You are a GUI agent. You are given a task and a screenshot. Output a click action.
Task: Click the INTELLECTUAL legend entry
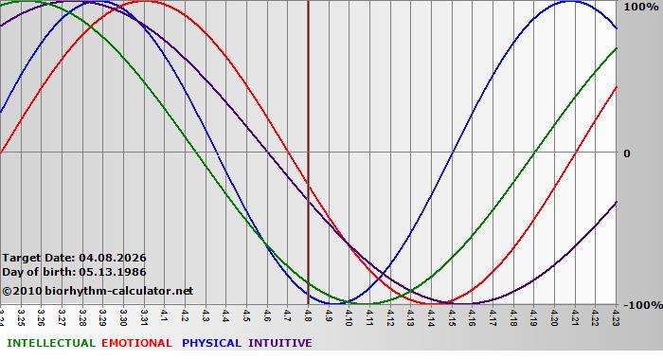(x=50, y=343)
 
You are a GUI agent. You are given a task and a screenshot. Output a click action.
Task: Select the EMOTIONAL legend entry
(x=136, y=343)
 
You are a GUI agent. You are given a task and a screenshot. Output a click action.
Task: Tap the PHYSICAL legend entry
(x=212, y=343)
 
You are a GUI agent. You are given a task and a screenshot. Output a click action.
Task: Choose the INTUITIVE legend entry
(x=280, y=343)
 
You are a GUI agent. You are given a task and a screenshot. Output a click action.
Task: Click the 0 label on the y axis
(x=627, y=153)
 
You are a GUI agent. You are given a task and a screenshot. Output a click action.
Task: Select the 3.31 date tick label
(x=144, y=315)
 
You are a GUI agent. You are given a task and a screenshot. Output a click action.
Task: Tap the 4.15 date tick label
(x=453, y=315)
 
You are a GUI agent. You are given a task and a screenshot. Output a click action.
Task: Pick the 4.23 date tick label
(x=617, y=315)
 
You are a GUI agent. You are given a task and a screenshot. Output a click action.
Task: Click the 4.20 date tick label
(x=555, y=315)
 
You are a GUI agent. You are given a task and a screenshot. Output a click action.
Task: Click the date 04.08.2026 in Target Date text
(x=113, y=258)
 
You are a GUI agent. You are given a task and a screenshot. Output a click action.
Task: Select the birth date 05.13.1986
(x=113, y=272)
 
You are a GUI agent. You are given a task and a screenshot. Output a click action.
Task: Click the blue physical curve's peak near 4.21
(x=570, y=2)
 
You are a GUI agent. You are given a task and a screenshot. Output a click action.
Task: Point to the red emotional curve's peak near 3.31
(x=144, y=2)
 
